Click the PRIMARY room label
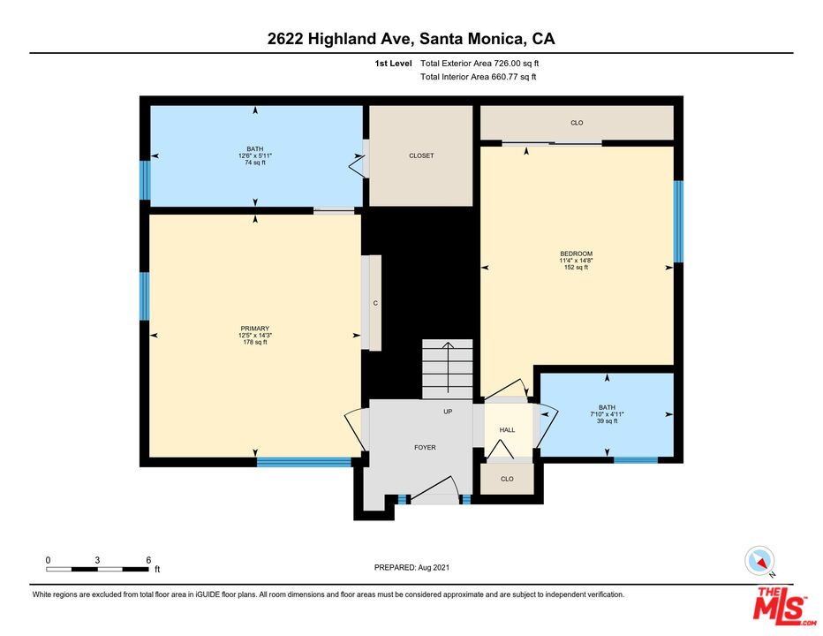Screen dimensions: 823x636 (255, 329)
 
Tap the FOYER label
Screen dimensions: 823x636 (425, 448)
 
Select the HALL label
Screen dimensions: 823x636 (507, 429)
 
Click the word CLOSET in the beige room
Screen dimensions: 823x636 (421, 155)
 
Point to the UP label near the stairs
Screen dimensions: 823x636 (448, 412)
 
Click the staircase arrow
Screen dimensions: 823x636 (448, 367)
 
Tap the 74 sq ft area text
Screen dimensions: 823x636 (255, 163)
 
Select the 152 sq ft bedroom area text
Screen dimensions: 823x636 (577, 268)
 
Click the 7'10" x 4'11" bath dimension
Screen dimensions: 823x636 (608, 414)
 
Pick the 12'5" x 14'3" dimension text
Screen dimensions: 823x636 (255, 336)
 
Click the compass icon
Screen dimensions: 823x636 (759, 560)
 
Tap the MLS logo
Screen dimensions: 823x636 (781, 607)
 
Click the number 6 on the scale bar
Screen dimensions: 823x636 (148, 560)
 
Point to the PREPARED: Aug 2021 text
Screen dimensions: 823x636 (411, 567)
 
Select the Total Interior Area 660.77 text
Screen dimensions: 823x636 (478, 77)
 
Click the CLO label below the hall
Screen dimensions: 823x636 (507, 479)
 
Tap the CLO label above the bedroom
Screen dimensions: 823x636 (577, 123)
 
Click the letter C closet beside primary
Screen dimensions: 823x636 (375, 304)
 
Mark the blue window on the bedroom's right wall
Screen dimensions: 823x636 (678, 222)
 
